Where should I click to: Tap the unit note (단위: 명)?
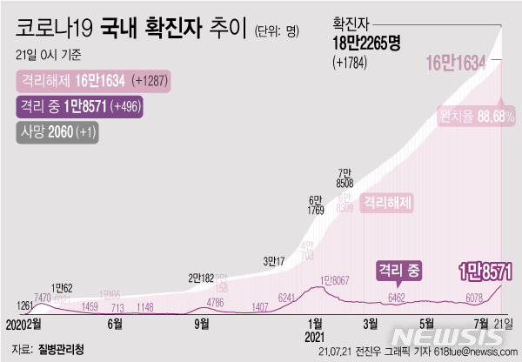click(x=278, y=32)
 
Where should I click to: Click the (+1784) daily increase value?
click(x=351, y=62)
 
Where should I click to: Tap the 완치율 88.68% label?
click(x=478, y=117)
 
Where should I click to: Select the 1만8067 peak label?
click(x=336, y=280)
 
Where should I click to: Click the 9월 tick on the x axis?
click(x=201, y=323)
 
